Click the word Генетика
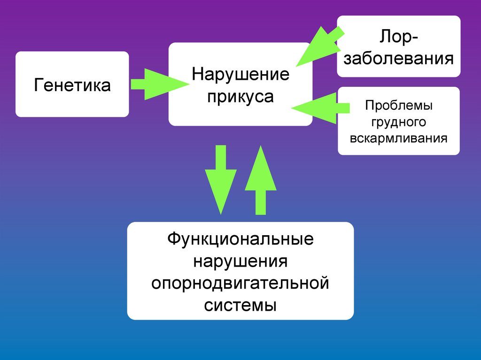pos(72,85)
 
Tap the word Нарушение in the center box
pos(240,75)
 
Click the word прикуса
pos(240,97)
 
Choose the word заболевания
pos(398,59)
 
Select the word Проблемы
pos(399,106)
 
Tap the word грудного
pos(399,122)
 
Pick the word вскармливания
pos(399,138)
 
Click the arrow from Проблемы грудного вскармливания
pos(319,107)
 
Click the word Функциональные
pos(240,239)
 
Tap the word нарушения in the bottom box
pos(240,261)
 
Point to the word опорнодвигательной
pos(240,283)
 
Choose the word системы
pos(240,306)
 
